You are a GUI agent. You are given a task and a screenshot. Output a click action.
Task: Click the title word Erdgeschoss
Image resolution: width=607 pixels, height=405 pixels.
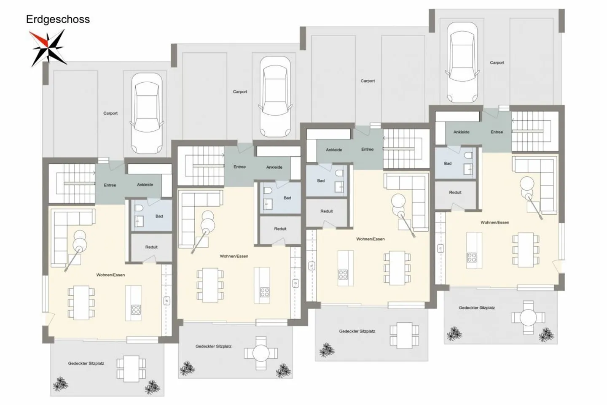[58, 19]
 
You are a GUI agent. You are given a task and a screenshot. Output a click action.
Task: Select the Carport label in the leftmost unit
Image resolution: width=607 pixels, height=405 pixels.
[110, 113]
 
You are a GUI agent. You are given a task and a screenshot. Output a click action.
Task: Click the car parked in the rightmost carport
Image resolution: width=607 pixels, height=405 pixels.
[462, 62]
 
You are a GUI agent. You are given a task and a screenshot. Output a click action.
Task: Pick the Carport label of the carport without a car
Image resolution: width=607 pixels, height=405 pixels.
[368, 81]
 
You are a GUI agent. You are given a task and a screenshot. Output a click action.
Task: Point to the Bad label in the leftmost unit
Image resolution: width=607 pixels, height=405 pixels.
[159, 216]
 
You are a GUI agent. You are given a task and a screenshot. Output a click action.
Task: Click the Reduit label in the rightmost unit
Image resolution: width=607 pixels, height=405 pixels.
[455, 192]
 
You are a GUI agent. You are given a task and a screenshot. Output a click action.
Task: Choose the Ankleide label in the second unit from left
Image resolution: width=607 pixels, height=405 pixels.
[274, 167]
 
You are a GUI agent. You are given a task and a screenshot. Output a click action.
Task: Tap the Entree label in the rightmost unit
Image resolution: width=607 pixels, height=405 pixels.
[497, 132]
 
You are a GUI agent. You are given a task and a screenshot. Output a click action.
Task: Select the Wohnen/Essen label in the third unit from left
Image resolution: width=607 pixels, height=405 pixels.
[370, 239]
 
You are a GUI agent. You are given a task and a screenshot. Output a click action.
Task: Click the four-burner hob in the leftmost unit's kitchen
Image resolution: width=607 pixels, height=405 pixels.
[136, 310]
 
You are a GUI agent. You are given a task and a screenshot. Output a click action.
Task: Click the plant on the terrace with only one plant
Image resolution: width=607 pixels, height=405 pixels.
[326, 350]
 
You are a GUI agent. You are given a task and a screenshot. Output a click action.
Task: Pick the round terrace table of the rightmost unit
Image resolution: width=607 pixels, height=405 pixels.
[528, 318]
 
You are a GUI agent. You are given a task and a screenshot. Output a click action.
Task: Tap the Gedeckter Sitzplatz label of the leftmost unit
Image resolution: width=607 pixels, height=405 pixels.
[86, 364]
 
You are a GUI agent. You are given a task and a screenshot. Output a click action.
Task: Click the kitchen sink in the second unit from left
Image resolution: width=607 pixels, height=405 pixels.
[295, 283]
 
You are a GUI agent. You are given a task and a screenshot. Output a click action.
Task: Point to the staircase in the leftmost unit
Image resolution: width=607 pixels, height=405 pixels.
[72, 183]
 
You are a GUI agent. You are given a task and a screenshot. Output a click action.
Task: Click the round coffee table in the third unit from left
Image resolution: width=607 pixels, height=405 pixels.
[398, 201]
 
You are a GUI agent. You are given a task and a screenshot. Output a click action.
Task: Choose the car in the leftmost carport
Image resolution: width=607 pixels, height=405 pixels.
[147, 113]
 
